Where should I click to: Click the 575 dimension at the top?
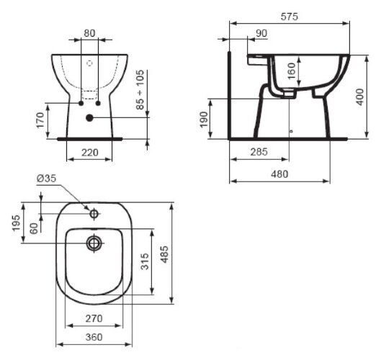[x=290, y=16]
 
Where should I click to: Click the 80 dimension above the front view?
[x=89, y=32]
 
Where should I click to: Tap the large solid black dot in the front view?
[x=89, y=118]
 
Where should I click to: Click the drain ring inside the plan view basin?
[x=93, y=243]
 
